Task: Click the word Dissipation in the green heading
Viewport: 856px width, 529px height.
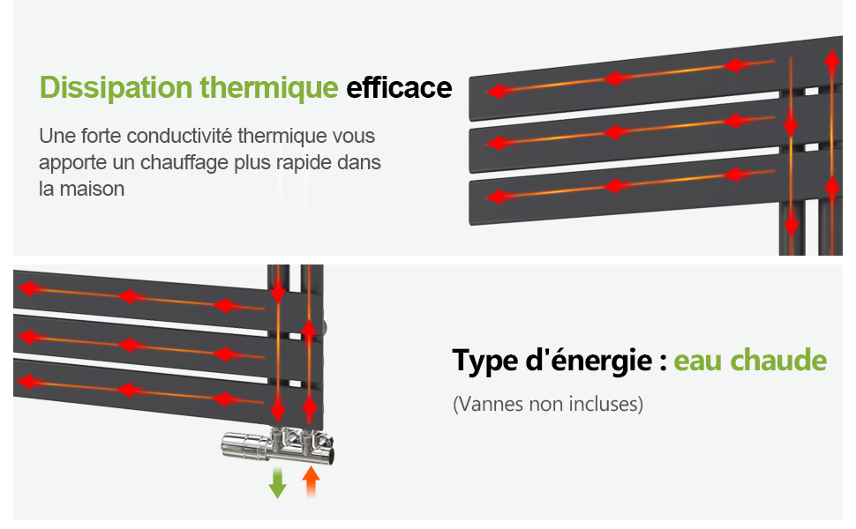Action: (116, 88)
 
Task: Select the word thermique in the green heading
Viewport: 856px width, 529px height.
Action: (269, 88)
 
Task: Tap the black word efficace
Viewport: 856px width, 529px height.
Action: (399, 88)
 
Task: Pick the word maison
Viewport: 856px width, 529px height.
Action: (93, 190)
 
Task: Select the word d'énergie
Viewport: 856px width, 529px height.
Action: (589, 360)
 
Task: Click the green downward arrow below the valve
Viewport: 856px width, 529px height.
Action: (277, 482)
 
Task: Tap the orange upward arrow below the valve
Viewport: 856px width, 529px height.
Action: (311, 481)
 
